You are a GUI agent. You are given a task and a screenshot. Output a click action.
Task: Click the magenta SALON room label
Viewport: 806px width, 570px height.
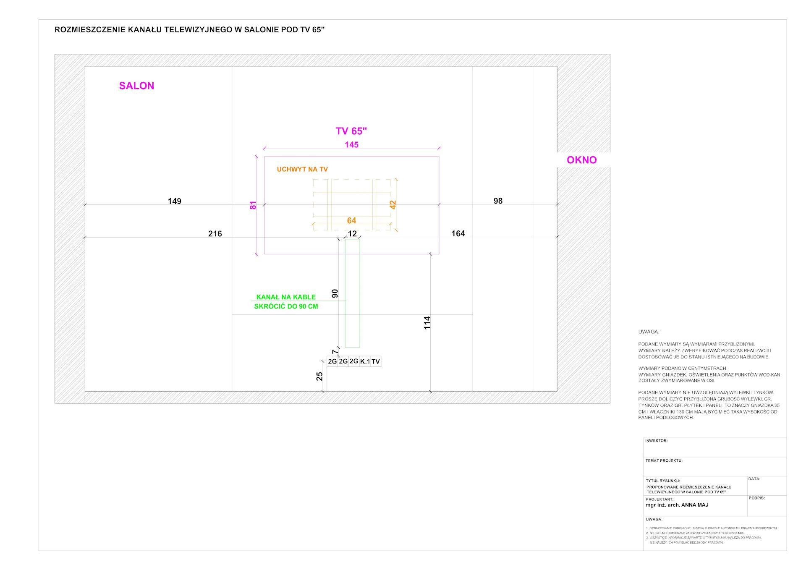[x=136, y=86]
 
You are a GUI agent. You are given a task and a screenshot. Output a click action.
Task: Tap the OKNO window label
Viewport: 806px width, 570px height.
[x=581, y=160]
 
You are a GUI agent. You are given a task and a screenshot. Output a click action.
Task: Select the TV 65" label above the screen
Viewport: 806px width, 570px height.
[x=351, y=131]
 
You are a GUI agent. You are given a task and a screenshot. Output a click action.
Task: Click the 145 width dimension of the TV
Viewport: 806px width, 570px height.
[x=351, y=145]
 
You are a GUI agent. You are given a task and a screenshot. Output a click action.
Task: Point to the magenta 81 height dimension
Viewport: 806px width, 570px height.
[x=253, y=205]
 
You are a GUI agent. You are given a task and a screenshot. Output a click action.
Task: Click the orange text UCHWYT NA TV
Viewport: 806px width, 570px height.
[x=302, y=169]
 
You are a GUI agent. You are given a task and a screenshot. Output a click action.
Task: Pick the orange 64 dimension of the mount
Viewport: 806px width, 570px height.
[x=351, y=221]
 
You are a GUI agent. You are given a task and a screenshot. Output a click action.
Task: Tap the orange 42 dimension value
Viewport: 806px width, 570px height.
[x=393, y=204]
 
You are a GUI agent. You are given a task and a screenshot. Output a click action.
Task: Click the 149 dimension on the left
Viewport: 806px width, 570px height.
[x=174, y=201]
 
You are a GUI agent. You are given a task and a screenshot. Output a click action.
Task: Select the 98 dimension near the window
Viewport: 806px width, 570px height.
[x=498, y=201]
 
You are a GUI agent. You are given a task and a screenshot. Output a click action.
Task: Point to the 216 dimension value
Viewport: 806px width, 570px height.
[x=215, y=234]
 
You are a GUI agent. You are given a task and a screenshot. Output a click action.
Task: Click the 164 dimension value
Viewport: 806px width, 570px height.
[x=458, y=234]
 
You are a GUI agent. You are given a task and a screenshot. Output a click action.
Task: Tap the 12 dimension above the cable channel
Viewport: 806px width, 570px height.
[x=352, y=234]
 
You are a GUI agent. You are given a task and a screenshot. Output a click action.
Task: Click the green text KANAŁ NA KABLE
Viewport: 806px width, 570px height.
[x=286, y=297]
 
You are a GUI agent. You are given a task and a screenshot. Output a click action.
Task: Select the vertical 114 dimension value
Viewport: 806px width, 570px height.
[x=427, y=323]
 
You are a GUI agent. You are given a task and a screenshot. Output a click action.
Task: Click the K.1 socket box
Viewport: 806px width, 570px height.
[x=365, y=361]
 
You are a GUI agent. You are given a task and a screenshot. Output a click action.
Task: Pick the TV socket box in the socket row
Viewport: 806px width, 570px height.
[x=376, y=361]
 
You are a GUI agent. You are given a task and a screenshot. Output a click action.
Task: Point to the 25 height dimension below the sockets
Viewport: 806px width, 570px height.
[x=319, y=376]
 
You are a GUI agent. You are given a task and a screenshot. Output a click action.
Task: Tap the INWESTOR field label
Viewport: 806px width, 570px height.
[x=656, y=441]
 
